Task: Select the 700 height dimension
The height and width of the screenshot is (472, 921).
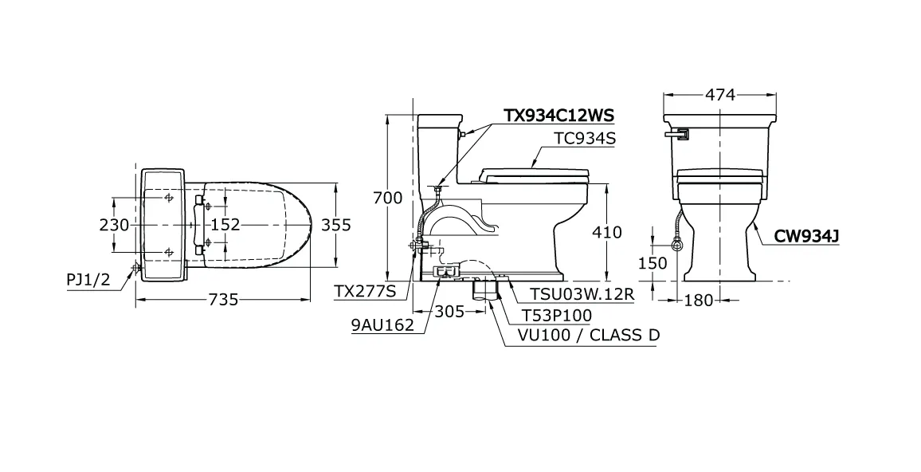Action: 388,199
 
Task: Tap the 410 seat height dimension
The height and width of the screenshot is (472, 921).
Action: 608,233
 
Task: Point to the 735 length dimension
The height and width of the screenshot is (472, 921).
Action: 224,300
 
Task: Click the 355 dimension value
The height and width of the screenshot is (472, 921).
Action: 335,226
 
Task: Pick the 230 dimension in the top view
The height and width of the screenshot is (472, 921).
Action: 114,226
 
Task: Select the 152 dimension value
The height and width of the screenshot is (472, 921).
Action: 225,226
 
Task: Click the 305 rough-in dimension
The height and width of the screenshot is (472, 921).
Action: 449,313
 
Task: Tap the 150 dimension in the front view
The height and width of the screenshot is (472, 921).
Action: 653,263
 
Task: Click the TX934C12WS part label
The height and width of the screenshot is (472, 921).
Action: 558,115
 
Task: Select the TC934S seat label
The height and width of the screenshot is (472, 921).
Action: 586,138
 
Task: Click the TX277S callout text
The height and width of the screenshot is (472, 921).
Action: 365,292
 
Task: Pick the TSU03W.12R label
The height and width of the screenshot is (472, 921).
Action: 582,293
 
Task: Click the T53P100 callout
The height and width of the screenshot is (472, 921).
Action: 557,316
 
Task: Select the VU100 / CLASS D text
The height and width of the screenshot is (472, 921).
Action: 589,336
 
